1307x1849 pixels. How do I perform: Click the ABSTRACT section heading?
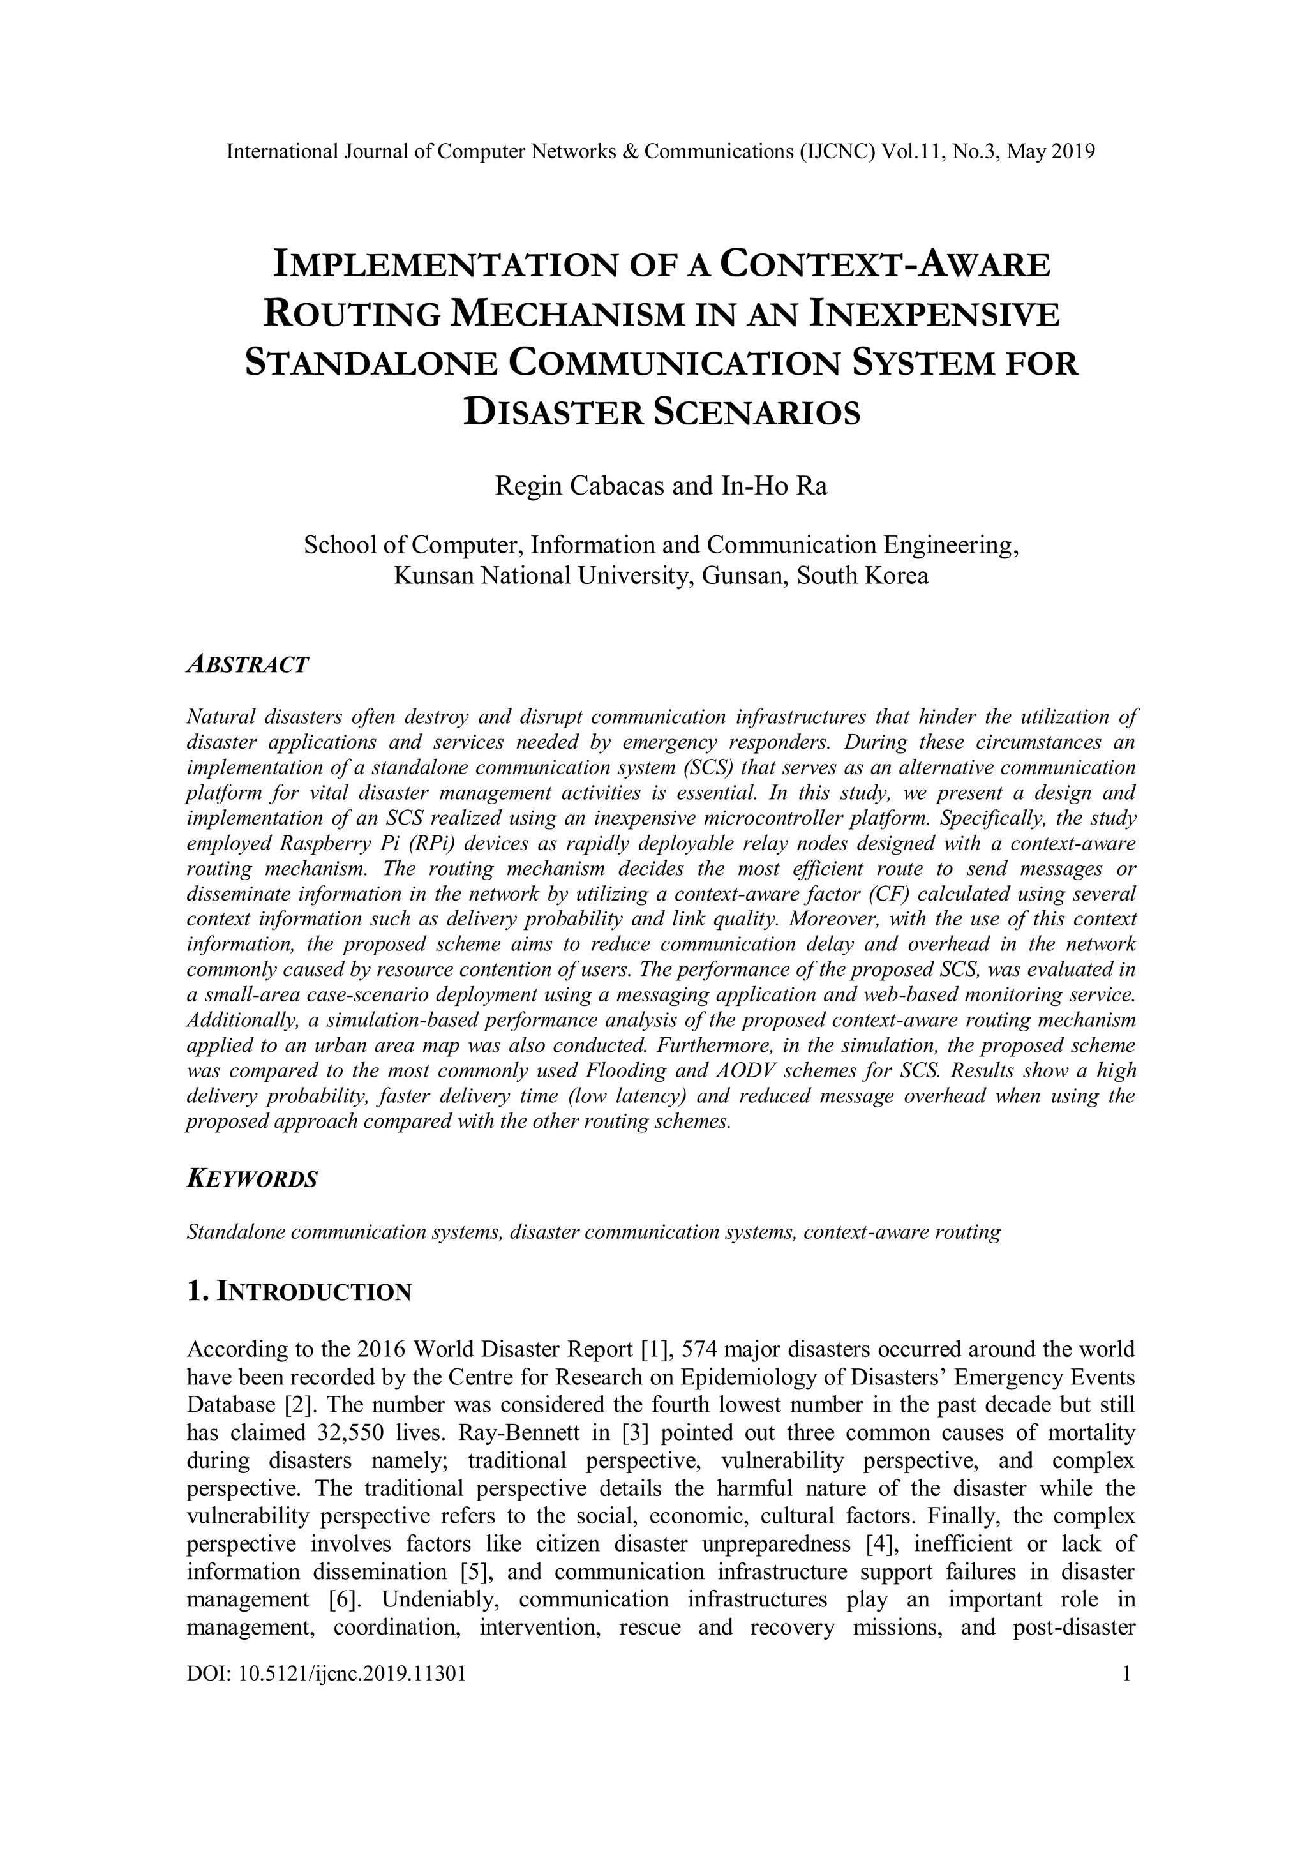click(247, 665)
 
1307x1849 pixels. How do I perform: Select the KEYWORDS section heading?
click(252, 1179)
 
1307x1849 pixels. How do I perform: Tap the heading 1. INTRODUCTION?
click(299, 1292)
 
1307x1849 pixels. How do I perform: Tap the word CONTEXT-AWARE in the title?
click(885, 265)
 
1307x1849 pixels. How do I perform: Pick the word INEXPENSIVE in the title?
click(934, 314)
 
